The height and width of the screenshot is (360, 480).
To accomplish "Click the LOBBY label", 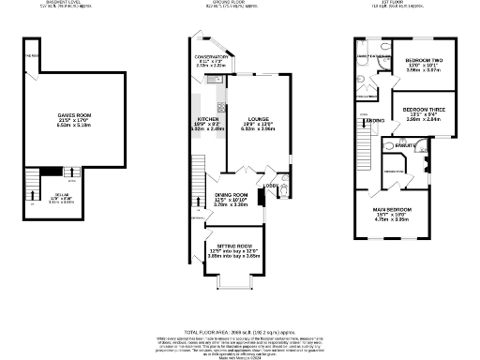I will point(269,186).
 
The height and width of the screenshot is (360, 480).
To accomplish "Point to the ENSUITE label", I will point(404,145).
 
